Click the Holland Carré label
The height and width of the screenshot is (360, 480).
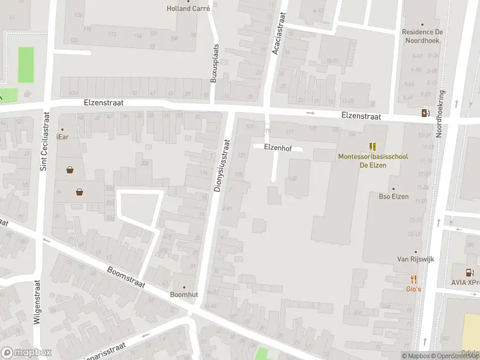tap(187, 8)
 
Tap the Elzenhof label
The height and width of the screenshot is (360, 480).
tap(277, 146)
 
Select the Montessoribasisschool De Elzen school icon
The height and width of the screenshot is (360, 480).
tap(373, 146)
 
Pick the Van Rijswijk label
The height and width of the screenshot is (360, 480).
tap(415, 259)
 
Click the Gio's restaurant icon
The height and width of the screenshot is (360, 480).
tap(414, 279)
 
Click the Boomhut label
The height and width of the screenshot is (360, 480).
tap(184, 295)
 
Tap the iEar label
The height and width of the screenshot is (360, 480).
tap(62, 137)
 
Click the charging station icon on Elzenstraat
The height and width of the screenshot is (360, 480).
tap(425, 113)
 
